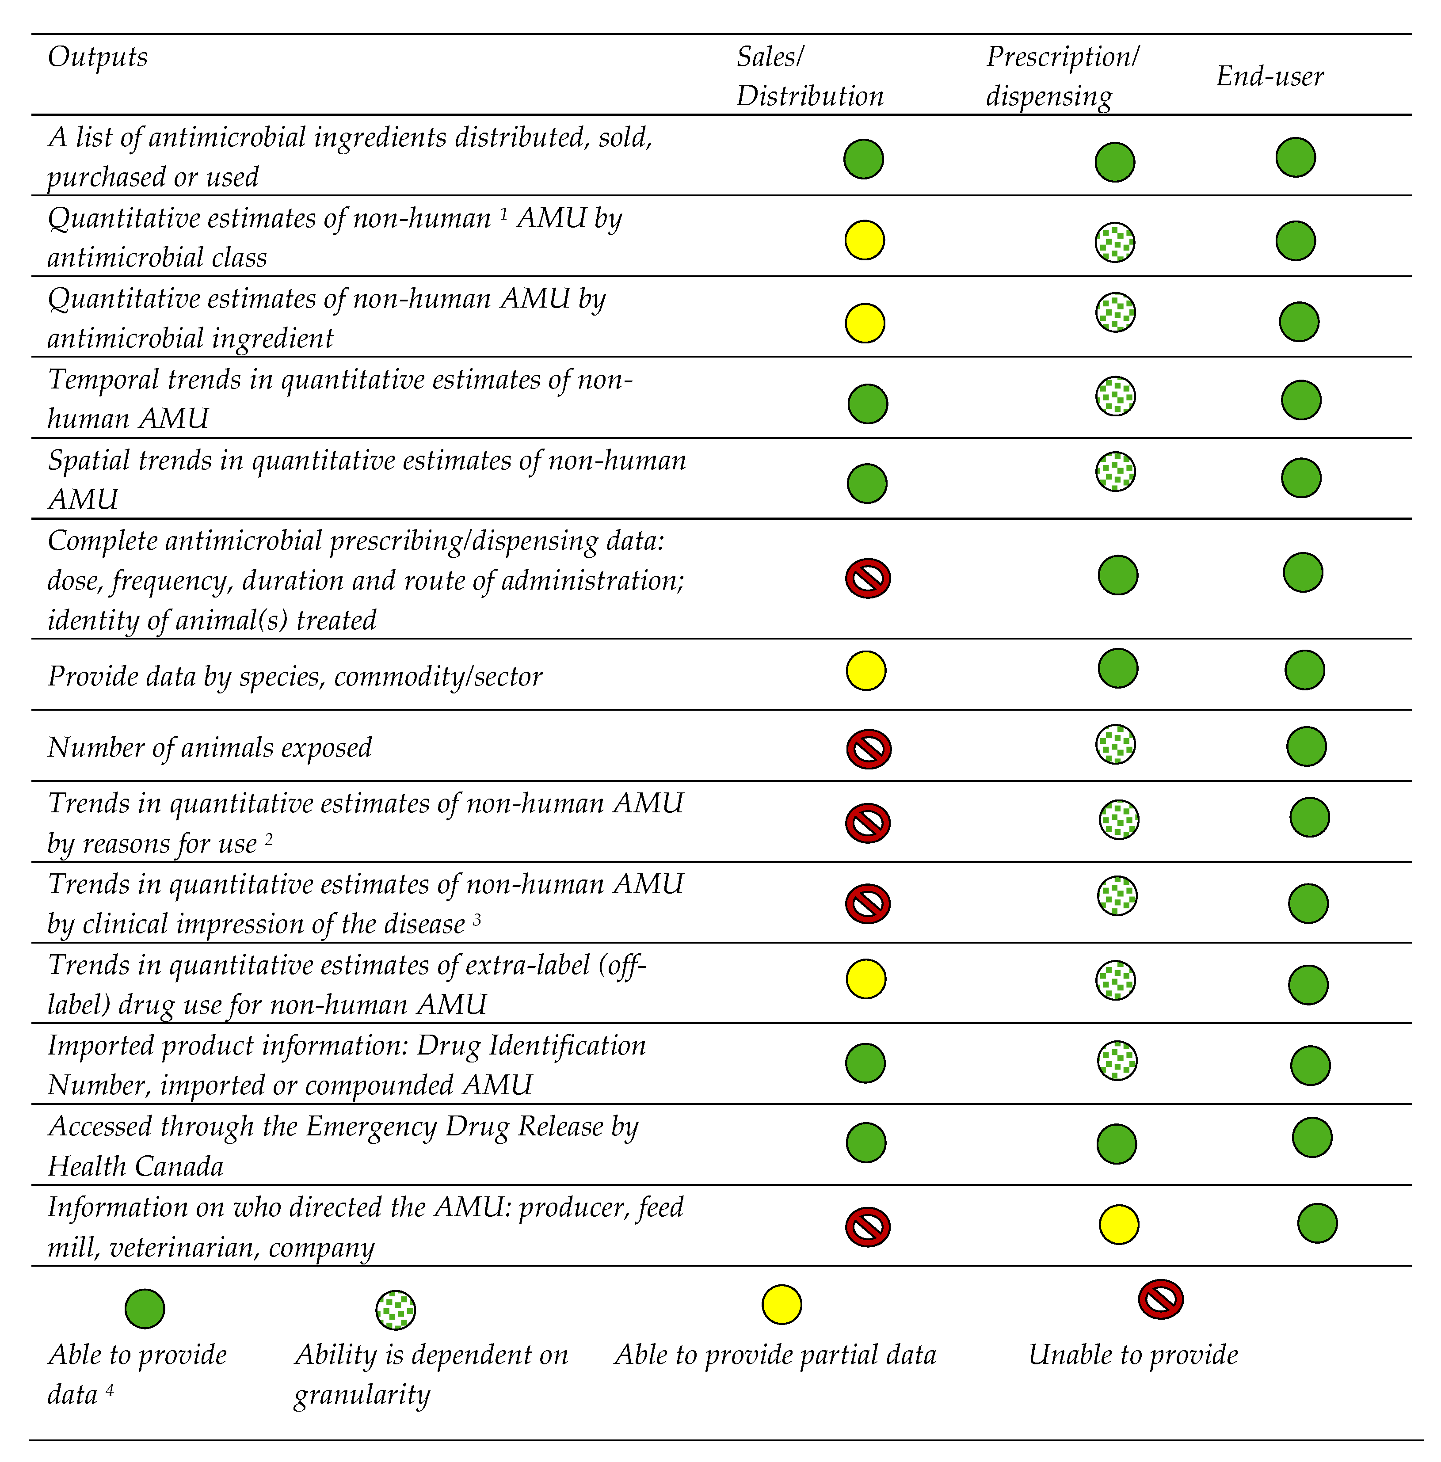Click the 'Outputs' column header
coord(98,57)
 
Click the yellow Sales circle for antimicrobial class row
coord(864,240)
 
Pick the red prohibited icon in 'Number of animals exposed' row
coord(868,749)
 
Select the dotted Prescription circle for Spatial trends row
coord(1116,472)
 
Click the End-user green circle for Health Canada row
coord(1311,1137)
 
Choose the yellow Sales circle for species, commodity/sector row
coord(866,670)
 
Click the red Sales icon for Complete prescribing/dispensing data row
coord(867,579)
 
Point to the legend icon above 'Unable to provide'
coord(1160,1299)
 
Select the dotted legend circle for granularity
coord(396,1310)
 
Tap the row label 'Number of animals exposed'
coord(210,748)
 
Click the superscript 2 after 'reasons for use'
coord(269,839)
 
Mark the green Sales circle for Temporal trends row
coord(867,404)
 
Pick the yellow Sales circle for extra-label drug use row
coord(866,979)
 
